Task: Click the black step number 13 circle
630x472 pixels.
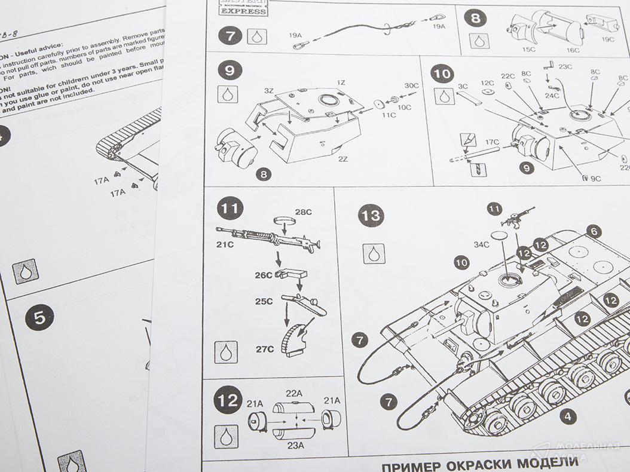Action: coord(371,216)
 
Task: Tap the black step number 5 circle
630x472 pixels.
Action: coord(39,317)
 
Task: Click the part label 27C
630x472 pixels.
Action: coord(264,349)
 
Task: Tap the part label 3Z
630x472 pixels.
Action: coord(268,90)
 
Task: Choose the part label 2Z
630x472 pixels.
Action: coord(343,159)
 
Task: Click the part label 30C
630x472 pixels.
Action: coord(412,85)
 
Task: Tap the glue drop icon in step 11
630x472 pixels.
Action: coord(226,352)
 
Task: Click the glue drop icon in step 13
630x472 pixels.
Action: coord(373,254)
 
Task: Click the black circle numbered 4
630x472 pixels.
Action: coord(568,416)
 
